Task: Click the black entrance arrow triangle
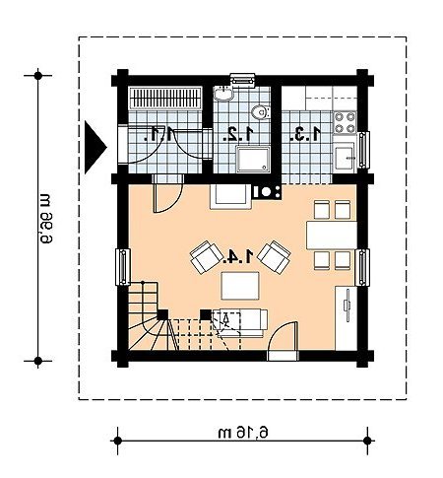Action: pyautogui.click(x=95, y=147)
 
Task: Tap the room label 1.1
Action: pyautogui.click(x=159, y=134)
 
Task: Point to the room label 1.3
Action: pyautogui.click(x=305, y=134)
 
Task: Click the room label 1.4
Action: pyautogui.click(x=238, y=256)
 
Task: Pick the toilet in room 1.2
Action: pyautogui.click(x=261, y=112)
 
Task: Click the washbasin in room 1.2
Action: pyautogui.click(x=222, y=93)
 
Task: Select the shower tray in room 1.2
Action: pyautogui.click(x=253, y=160)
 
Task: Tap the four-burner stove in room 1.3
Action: pyautogui.click(x=345, y=122)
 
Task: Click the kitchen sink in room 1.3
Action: pyautogui.click(x=345, y=158)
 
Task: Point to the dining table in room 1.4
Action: pyautogui.click(x=332, y=236)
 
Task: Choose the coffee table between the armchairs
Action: pyautogui.click(x=240, y=286)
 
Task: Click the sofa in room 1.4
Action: pyautogui.click(x=240, y=323)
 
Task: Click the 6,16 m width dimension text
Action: pyautogui.click(x=243, y=433)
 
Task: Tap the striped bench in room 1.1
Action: pyautogui.click(x=165, y=98)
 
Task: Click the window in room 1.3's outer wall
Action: pyautogui.click(x=363, y=150)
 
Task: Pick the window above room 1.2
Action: pyautogui.click(x=242, y=80)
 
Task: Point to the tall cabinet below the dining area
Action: pyautogui.click(x=346, y=318)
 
